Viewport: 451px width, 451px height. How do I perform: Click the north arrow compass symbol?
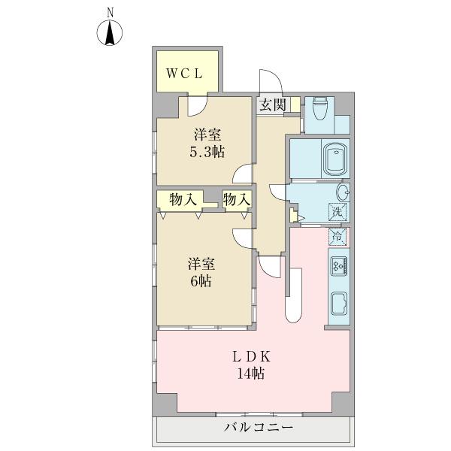[x=110, y=34]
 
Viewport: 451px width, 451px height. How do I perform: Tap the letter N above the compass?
[x=110, y=11]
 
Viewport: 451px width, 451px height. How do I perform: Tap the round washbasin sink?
[x=342, y=193]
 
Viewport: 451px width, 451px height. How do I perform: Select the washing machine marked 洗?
[x=337, y=213]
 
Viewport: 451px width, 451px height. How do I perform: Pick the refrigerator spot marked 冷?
[x=337, y=237]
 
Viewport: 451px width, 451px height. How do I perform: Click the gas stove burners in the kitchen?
[x=337, y=265]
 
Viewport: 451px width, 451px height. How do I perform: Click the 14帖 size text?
[x=253, y=374]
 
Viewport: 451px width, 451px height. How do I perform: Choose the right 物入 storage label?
[x=236, y=199]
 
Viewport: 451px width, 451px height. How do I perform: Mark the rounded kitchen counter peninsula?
[x=294, y=296]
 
